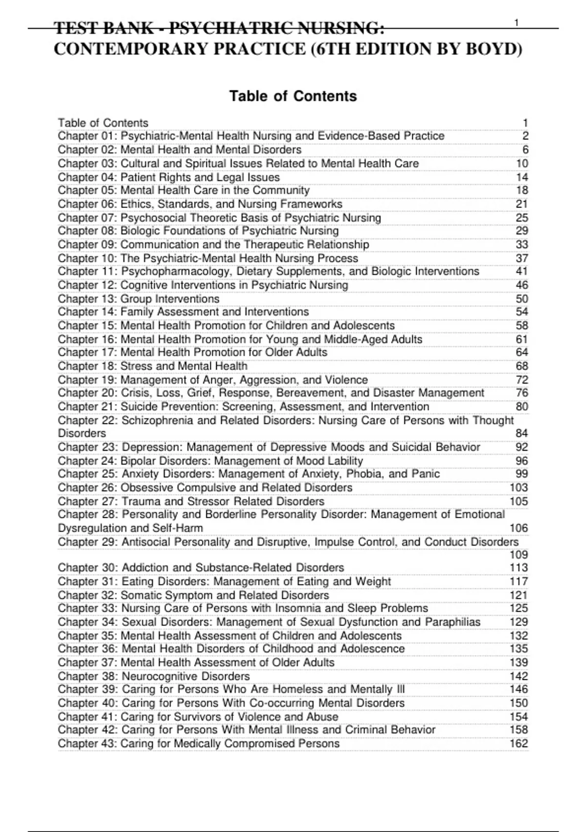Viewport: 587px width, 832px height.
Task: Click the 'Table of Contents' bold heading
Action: (x=293, y=96)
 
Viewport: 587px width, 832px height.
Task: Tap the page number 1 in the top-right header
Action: (x=517, y=23)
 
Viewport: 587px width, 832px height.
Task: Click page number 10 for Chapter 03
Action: (x=521, y=163)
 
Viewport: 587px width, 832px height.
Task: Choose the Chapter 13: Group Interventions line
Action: (x=138, y=299)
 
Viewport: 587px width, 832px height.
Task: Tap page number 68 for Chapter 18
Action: (x=521, y=366)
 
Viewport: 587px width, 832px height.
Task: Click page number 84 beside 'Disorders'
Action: (x=521, y=434)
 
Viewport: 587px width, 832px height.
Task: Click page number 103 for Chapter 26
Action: (x=519, y=488)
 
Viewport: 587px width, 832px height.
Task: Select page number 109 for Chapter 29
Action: (x=519, y=555)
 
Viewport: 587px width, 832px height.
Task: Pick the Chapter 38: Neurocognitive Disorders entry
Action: (x=154, y=676)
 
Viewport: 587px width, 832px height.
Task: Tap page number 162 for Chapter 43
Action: (x=519, y=744)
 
